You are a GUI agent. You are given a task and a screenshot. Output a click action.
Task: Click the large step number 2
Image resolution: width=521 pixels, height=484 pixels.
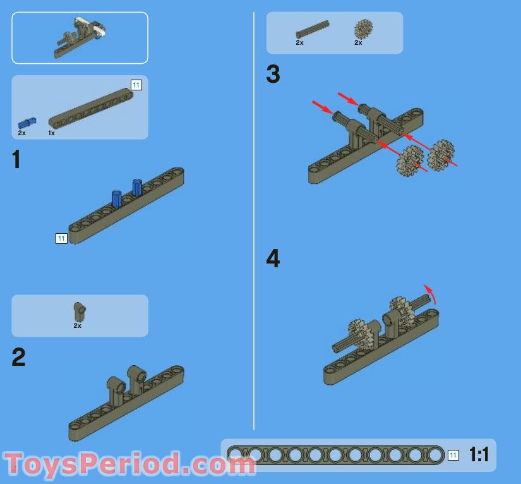[18, 357]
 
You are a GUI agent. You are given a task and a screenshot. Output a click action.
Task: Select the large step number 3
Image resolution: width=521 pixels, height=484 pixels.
[273, 74]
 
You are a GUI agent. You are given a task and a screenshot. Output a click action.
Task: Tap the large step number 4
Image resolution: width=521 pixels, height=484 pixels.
[273, 258]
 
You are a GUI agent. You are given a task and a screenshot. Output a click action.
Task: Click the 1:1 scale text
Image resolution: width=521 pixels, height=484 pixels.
[479, 454]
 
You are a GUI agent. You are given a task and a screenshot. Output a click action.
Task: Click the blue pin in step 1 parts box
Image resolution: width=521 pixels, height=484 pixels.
[27, 123]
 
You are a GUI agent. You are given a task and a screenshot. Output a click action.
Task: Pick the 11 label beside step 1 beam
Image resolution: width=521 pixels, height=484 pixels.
[61, 238]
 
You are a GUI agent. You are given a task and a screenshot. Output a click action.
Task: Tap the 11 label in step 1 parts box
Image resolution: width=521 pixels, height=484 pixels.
[136, 85]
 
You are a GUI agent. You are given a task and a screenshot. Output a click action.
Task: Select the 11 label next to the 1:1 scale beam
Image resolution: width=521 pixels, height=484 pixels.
[453, 455]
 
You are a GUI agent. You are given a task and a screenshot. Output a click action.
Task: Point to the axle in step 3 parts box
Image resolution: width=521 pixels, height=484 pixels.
[313, 30]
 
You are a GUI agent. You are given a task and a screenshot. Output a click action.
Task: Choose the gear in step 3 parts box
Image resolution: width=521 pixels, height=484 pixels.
[363, 29]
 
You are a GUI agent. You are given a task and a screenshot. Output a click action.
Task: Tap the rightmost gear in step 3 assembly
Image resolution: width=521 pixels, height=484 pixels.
[440, 155]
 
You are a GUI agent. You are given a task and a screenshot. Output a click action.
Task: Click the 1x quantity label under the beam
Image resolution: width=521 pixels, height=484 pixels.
[52, 133]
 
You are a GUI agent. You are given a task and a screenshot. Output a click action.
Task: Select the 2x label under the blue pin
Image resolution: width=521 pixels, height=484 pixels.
[22, 133]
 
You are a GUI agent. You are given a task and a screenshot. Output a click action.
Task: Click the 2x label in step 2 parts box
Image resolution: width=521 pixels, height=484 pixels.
[78, 326]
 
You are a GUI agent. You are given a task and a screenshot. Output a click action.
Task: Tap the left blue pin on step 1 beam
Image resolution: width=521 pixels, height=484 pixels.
[116, 199]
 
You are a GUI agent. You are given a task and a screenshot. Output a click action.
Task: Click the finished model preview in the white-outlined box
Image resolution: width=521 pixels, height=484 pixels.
[80, 37]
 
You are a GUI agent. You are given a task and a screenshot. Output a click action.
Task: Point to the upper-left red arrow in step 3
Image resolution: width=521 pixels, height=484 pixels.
[321, 107]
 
